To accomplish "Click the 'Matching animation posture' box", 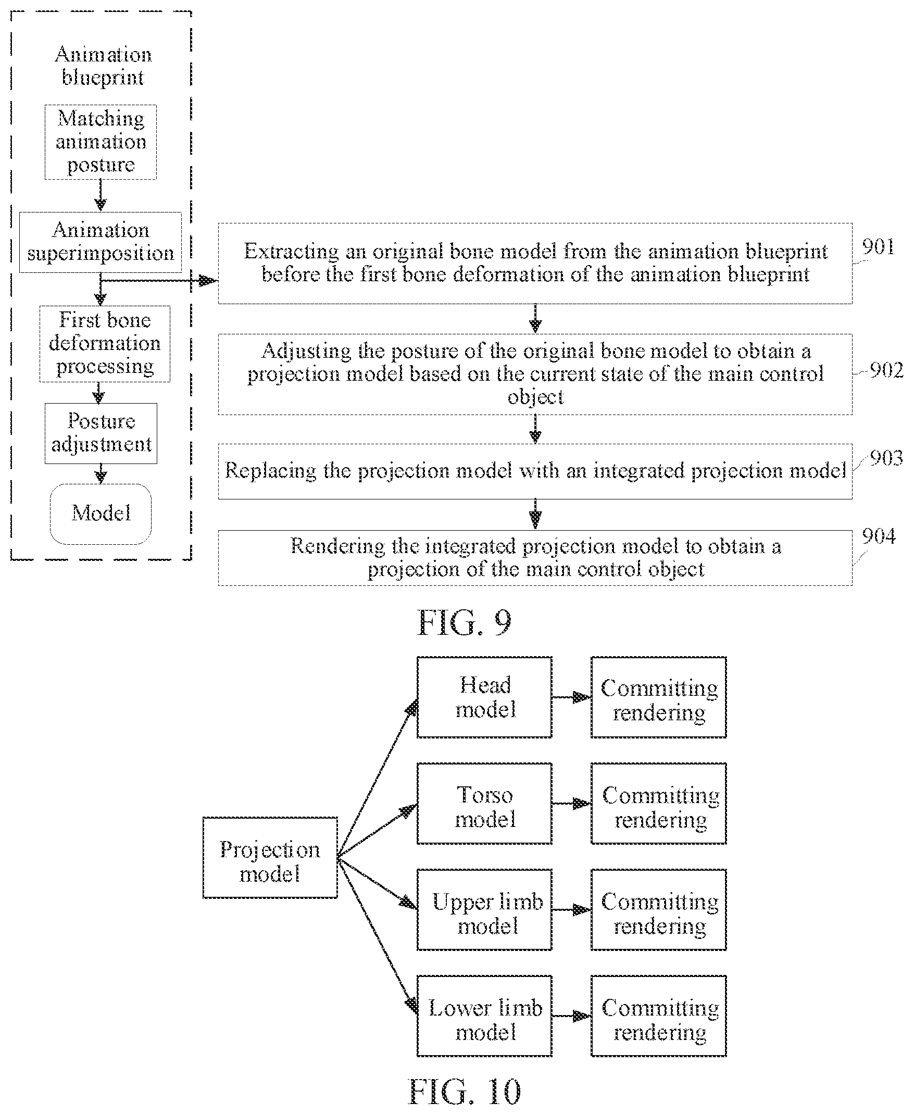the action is point(101,142).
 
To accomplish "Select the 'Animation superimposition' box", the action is point(101,242).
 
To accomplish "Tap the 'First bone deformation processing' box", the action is point(105,344).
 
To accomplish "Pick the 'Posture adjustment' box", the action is point(101,433).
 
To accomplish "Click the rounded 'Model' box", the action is point(101,514).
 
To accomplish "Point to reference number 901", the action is point(878,246).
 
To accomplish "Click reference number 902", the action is point(886,370).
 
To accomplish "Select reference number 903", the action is point(886,457).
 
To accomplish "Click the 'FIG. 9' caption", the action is point(465,622).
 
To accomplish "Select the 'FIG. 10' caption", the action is point(465,1092).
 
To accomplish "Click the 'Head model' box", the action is point(484,697).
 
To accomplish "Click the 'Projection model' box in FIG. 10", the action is point(270,858).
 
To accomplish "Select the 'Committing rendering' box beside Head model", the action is point(659,697).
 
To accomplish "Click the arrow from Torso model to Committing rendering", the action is point(572,804).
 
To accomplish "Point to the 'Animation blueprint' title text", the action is point(103,66).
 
